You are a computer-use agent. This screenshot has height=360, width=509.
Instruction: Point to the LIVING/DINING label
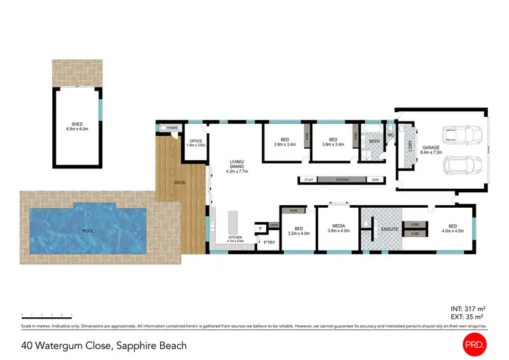pyautogui.click(x=236, y=164)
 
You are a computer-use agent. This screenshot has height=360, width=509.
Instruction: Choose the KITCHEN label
pyautogui.click(x=235, y=239)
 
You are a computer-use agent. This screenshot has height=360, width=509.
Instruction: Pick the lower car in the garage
pyautogui.click(x=461, y=166)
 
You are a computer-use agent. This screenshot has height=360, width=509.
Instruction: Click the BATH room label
pyautogui.click(x=374, y=141)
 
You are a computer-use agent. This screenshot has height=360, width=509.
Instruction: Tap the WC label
pyautogui.click(x=391, y=134)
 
